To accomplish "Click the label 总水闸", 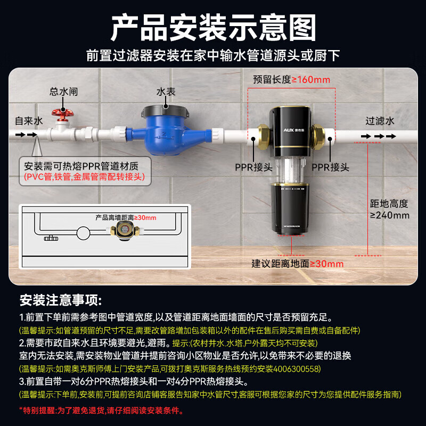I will (64, 92).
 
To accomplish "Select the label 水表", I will (166, 92).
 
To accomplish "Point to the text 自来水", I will (28, 121).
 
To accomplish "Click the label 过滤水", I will (380, 121).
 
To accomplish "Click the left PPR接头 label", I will (254, 167).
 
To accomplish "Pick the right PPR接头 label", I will (330, 167).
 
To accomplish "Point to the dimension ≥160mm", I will (312, 80).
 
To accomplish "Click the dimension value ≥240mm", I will (390, 215).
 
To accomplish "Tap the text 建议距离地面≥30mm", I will (298, 264).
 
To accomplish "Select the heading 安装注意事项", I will (60, 300).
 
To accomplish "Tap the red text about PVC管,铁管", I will (84, 176).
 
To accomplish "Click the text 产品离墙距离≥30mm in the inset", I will (126, 217).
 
